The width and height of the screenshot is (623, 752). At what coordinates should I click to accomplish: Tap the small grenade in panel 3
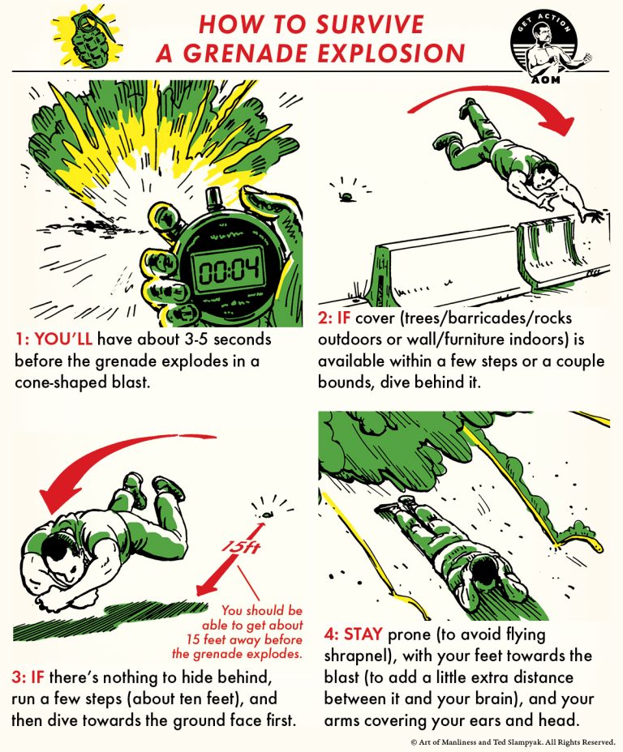coord(266,512)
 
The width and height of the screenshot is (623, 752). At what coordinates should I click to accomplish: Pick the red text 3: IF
coord(29,675)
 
